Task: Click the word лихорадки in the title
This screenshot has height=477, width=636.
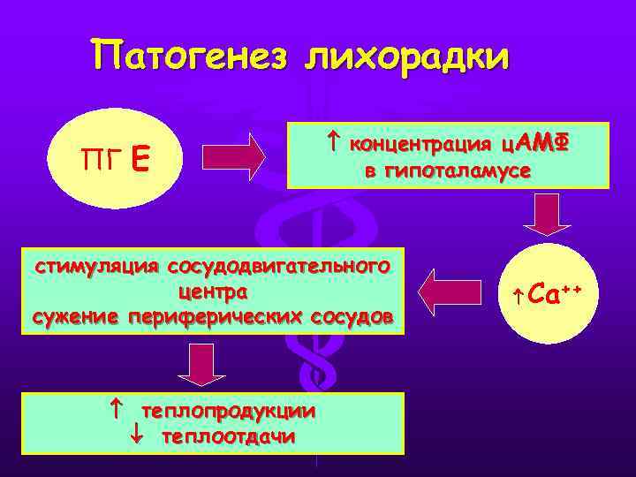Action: coord(407,58)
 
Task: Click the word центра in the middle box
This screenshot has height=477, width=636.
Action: coord(213,290)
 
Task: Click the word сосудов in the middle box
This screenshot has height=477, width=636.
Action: coord(353,315)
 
